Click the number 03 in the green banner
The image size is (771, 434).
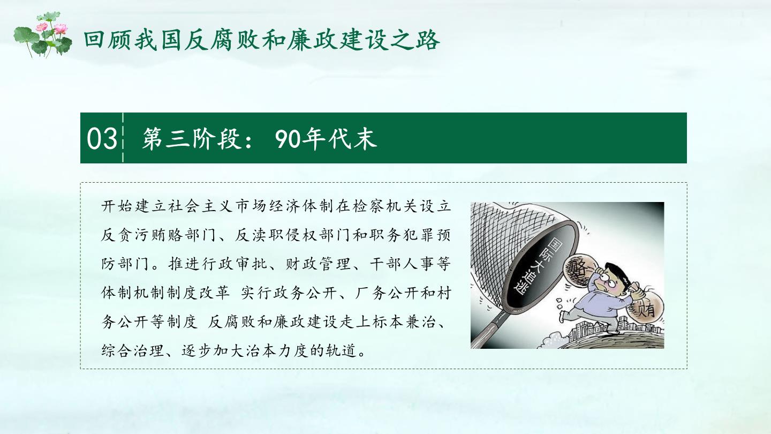102,138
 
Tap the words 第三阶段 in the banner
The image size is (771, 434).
191,138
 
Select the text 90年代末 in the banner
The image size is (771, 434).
326,138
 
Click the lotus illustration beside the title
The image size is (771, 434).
43,34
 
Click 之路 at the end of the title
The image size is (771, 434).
416,40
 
